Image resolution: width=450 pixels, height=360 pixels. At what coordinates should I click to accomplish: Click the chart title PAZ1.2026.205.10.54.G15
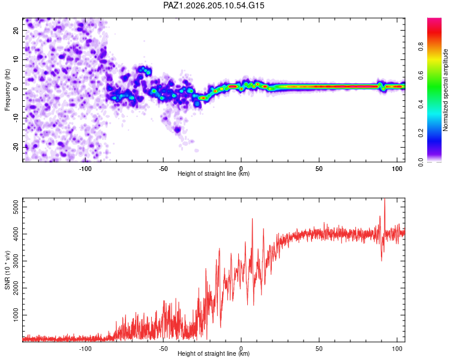[x=214, y=5]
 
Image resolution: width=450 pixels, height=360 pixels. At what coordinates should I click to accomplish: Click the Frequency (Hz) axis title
[x=7, y=90]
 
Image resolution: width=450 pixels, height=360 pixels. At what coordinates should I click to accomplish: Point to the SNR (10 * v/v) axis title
[x=7, y=270]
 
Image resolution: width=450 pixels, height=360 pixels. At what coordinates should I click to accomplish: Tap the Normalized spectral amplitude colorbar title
[x=445, y=90]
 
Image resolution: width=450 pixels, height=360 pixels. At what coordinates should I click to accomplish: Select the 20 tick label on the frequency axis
[x=16, y=30]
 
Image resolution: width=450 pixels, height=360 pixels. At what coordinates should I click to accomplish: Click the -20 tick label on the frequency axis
[x=16, y=147]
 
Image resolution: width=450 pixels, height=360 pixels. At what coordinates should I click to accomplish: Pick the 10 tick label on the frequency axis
[x=16, y=59]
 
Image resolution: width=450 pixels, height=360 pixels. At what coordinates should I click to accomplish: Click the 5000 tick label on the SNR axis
[x=16, y=207]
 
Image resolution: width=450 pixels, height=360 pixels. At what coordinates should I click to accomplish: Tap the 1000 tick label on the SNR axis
[x=16, y=315]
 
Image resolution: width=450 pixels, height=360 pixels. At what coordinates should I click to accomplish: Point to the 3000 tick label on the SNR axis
[x=16, y=261]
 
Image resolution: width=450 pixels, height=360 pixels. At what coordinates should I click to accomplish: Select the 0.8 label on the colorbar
[x=421, y=47]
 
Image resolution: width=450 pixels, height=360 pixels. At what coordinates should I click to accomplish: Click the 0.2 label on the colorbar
[x=421, y=133]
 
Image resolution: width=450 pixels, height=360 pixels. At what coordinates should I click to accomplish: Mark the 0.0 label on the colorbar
[x=421, y=162]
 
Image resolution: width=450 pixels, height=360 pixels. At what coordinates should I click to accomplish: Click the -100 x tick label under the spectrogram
[x=85, y=169]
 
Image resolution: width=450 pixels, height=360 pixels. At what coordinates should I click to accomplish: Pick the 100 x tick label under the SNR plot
[x=397, y=349]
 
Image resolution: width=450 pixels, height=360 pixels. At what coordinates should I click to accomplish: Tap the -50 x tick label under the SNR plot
[x=163, y=349]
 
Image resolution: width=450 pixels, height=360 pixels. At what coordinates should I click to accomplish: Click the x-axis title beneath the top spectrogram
[x=214, y=173]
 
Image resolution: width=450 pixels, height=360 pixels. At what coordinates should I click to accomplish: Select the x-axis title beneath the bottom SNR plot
[x=214, y=353]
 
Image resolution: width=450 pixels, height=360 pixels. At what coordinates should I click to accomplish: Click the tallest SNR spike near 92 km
[x=385, y=200]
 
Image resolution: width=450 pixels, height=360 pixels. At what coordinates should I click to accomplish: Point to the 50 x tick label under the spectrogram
[x=319, y=169]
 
